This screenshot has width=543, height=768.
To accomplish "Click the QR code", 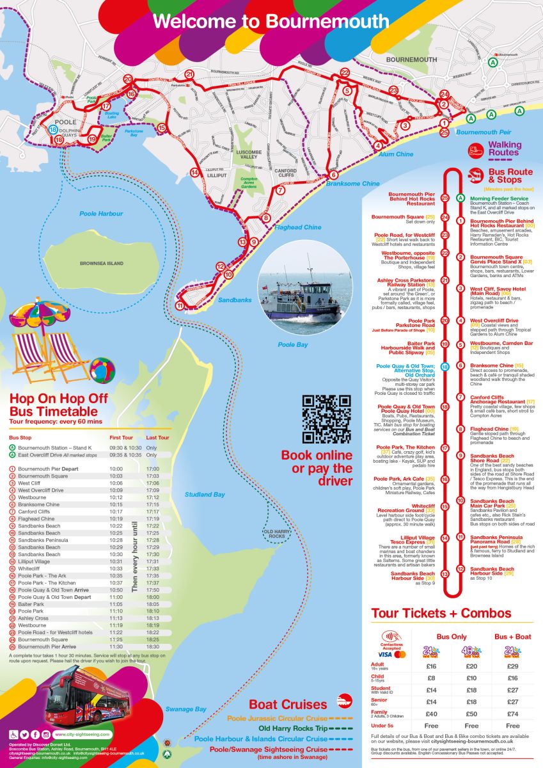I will point(326,419).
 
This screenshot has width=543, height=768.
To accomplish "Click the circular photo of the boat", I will point(304,297).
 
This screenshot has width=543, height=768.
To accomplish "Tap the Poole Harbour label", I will point(101,214).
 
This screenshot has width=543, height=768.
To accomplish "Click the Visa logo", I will point(384,655).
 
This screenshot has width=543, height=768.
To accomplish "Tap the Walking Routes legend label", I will point(503,148).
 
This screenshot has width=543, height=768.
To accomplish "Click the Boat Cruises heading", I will point(288,704).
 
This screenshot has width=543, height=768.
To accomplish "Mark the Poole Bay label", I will point(293,344).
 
